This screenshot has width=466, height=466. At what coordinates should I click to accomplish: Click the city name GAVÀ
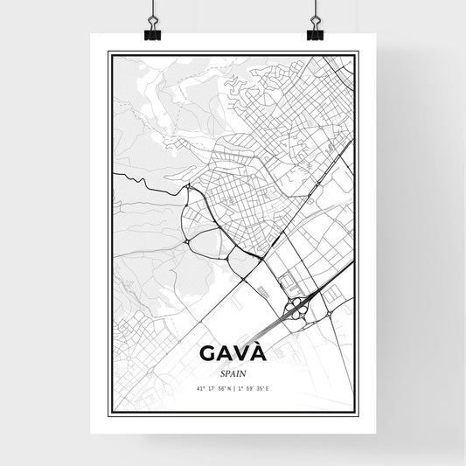(233, 353)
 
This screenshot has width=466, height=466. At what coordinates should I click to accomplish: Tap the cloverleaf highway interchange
(299, 305)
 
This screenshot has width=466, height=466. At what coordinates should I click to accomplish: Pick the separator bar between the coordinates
(233, 388)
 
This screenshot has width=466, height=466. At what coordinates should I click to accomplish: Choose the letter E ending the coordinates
(268, 388)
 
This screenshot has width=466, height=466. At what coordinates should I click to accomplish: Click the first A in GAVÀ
(222, 353)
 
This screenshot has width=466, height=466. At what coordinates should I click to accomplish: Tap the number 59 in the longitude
(248, 388)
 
